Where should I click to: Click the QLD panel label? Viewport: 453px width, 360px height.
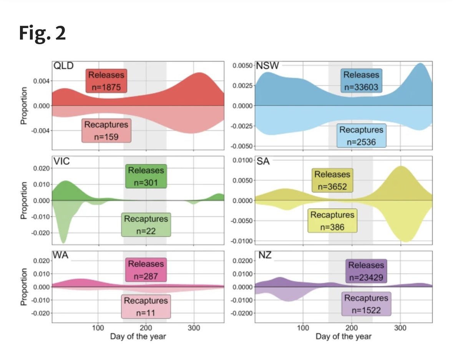pos(63,66)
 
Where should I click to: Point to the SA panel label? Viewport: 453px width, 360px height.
pos(263,161)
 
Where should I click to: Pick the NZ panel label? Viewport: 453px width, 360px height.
pos(264,255)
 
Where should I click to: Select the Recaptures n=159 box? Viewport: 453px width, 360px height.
pos(106,130)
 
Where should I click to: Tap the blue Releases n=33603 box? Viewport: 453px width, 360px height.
pos(361,81)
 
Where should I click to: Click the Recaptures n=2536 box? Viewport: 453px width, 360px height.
pos(361,136)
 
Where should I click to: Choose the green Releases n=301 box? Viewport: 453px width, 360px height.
pos(146,176)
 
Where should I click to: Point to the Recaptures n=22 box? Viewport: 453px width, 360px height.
pos(146,225)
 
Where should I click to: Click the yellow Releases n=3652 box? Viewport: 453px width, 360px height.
pos(332,181)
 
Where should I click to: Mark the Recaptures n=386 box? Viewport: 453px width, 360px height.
pos(332,221)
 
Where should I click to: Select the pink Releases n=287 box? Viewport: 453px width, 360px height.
pos(146,270)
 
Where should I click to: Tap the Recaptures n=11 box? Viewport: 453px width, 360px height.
pos(146,306)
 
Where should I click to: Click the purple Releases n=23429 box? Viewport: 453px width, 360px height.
pos(366,271)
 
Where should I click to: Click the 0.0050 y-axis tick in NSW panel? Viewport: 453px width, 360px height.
pos(242,66)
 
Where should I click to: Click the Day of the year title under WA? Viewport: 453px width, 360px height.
pos(138,337)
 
